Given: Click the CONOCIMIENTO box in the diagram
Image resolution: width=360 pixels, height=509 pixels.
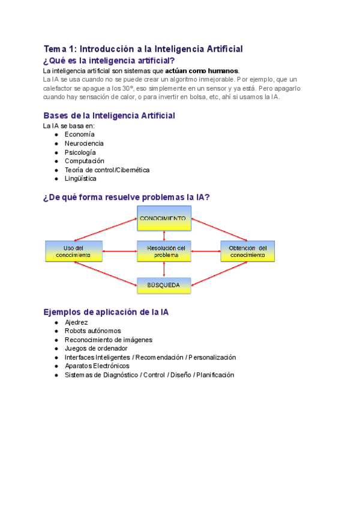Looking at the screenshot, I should [164, 219].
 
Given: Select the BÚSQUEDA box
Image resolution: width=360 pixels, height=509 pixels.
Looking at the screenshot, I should [164, 286].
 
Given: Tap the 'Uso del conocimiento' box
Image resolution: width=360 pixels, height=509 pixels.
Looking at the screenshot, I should [73, 251].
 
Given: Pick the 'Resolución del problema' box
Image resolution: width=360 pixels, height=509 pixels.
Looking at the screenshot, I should [164, 251].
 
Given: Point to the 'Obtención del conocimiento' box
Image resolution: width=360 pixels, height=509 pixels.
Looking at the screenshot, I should [248, 251].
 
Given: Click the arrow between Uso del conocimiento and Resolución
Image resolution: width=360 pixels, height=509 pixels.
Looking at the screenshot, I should [119, 251].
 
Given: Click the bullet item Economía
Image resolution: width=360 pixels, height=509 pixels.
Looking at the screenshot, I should [79, 134].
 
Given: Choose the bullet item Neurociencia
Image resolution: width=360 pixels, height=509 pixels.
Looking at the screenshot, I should [84, 143].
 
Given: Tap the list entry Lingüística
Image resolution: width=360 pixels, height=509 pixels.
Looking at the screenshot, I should [80, 178].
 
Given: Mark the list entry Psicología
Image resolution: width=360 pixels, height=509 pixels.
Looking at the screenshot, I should [80, 152].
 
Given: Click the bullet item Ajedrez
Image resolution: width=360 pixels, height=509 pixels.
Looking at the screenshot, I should [76, 322].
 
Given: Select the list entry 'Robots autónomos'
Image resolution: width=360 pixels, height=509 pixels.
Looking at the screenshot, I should [92, 331].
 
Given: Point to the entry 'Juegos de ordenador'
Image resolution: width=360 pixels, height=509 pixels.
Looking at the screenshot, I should [96, 348].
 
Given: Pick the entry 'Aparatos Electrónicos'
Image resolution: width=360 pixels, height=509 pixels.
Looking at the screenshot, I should [97, 366].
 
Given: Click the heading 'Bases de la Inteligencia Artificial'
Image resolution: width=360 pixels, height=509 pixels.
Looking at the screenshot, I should [109, 115].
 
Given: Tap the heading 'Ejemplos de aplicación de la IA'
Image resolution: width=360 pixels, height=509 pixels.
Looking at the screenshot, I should [110, 312].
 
